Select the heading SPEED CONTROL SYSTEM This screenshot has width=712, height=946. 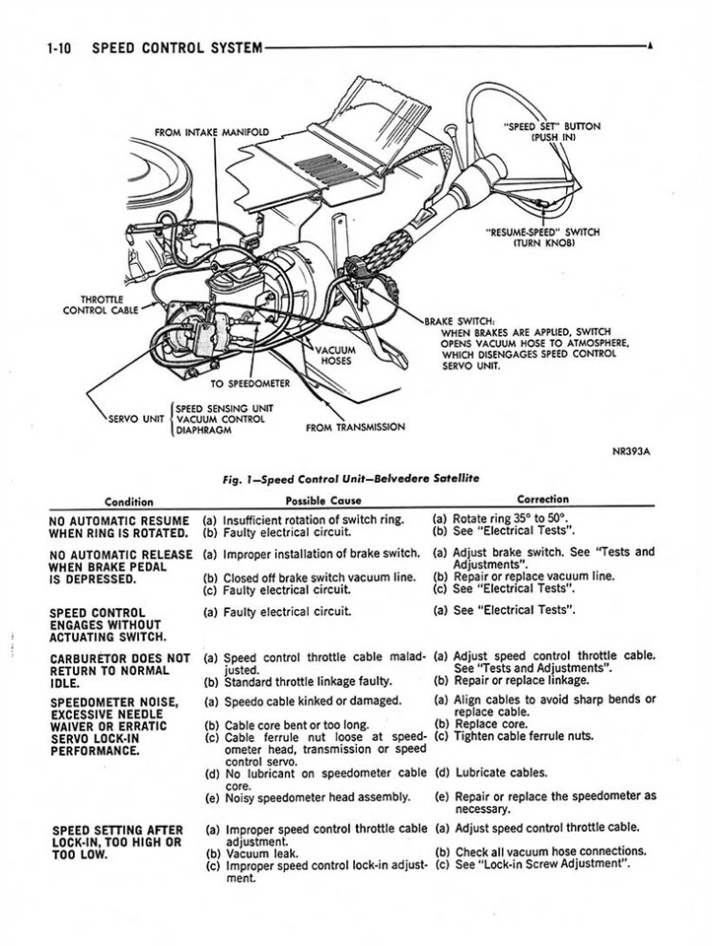click(x=177, y=46)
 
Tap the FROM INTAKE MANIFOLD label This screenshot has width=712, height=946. click(x=212, y=131)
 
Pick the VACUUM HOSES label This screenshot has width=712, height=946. click(x=334, y=355)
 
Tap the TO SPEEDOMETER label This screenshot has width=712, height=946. click(x=251, y=382)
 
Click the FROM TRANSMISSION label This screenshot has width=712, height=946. click(x=355, y=427)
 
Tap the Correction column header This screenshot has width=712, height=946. click(x=542, y=500)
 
